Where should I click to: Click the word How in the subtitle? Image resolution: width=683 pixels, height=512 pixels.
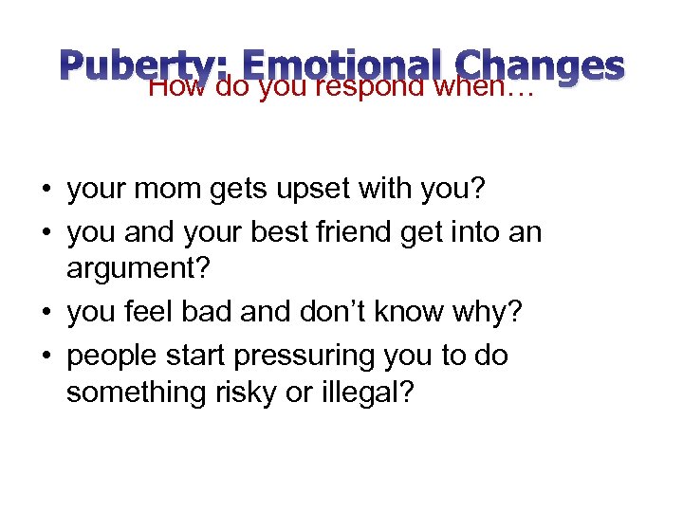(179, 88)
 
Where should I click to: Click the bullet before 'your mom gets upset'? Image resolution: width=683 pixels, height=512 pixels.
(46, 191)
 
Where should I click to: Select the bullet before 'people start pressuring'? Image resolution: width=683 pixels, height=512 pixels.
(46, 356)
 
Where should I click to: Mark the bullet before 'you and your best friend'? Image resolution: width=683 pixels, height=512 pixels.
(46, 231)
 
